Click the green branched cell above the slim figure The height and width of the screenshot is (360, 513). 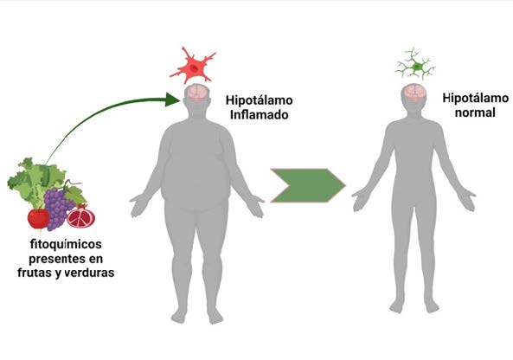pyautogui.click(x=415, y=65)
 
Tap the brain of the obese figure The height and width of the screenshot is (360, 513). pyautogui.click(x=197, y=93)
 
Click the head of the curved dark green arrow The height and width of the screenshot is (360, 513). pyautogui.click(x=172, y=100)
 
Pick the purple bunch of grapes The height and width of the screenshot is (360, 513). pyautogui.click(x=57, y=207)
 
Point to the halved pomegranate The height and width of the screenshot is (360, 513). pyautogui.click(x=80, y=216)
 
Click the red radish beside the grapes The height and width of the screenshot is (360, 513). pyautogui.click(x=39, y=219)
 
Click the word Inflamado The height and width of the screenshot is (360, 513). pyautogui.click(x=260, y=115)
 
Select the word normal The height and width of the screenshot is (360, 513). pyautogui.click(x=475, y=112)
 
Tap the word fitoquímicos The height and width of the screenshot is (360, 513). pyautogui.click(x=66, y=245)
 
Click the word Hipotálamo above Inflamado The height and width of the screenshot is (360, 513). pyautogui.click(x=260, y=100)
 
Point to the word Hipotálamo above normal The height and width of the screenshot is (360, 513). pyautogui.click(x=476, y=98)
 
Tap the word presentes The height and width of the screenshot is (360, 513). pyautogui.click(x=54, y=260)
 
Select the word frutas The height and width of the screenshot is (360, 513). pyautogui.click(x=35, y=273)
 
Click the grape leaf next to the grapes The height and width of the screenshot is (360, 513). pyautogui.click(x=76, y=195)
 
